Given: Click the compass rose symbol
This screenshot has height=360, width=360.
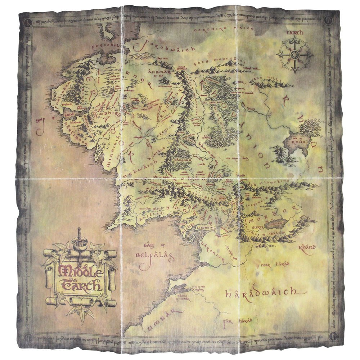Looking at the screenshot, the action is (x=294, y=55).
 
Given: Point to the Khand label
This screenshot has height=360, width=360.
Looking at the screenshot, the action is (x=307, y=248).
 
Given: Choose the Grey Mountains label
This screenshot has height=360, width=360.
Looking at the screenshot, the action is (x=215, y=60).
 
